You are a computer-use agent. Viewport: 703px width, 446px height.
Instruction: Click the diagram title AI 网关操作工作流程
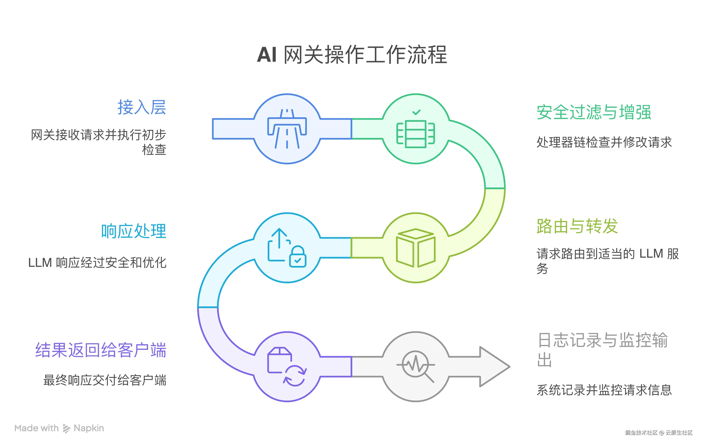point(351,55)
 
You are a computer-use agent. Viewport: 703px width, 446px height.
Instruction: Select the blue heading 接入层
point(142,107)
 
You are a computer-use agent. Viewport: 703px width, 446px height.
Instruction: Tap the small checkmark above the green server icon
point(416,112)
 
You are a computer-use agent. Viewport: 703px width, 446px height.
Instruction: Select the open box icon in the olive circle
point(416,248)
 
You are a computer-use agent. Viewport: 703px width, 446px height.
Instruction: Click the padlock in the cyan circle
point(298,257)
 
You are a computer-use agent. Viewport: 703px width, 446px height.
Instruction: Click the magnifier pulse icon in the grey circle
point(416,366)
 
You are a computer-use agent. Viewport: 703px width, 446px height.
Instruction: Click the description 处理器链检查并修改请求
point(604,142)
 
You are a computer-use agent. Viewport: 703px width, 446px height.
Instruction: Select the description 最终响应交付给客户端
point(105,380)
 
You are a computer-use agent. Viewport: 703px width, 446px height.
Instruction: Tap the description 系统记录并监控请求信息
point(604,390)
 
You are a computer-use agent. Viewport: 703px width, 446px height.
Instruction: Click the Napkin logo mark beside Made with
point(66,428)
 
